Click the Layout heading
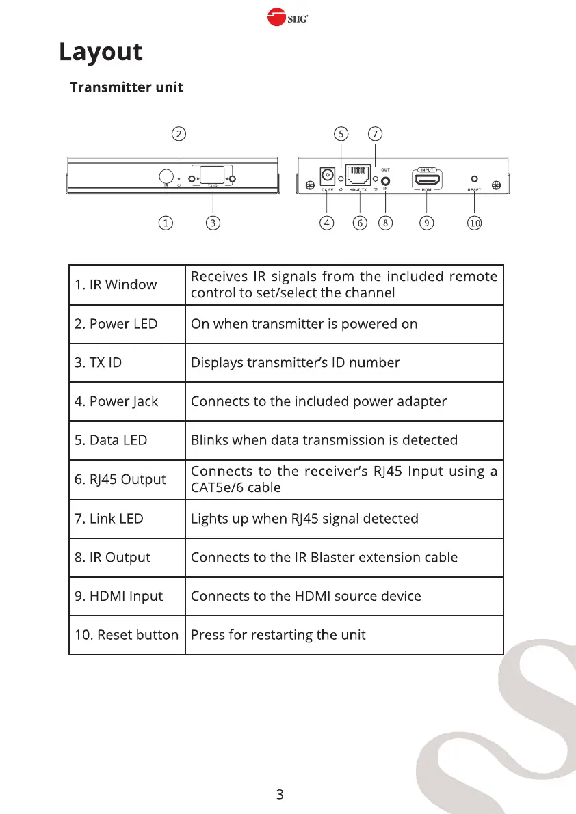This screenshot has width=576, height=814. click(101, 53)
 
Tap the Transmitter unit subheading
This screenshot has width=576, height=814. click(127, 87)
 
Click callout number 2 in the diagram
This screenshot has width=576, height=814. click(178, 133)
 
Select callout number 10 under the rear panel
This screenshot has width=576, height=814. click(474, 223)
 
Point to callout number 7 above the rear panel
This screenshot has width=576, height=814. click(374, 133)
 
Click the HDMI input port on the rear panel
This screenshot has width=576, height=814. click(427, 180)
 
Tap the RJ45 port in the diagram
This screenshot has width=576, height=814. click(358, 176)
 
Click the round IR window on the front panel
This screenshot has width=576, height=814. click(166, 176)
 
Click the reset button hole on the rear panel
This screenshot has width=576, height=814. click(474, 179)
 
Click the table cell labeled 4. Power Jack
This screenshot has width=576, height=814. click(116, 401)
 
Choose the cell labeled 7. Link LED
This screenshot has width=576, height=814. click(109, 519)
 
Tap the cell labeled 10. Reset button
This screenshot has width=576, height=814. click(126, 635)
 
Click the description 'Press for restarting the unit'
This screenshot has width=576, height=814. click(278, 635)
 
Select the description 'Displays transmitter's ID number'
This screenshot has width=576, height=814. click(295, 362)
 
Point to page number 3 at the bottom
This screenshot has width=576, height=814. click(279, 794)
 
